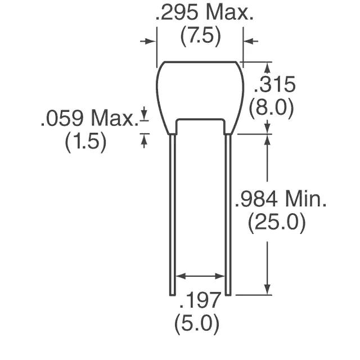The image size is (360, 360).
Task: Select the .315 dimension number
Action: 274,84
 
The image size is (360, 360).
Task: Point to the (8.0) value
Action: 271,108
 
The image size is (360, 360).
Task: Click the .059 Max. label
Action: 90,118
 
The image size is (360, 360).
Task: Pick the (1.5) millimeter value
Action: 86,141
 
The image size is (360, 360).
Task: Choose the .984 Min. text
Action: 281,199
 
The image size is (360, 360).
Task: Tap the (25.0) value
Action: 277,222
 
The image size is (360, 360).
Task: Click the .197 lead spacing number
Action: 200,300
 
